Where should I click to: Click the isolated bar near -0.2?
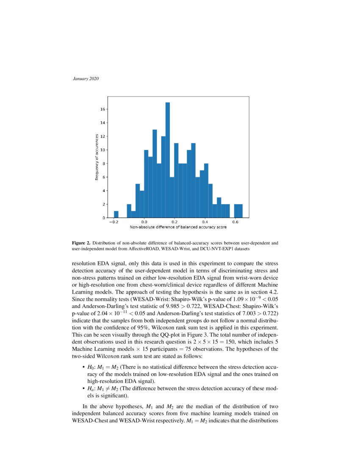click(116, 214)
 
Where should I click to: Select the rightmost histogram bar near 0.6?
click(238, 211)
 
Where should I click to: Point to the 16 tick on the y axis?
click(102, 109)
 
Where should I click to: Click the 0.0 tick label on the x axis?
click(144, 222)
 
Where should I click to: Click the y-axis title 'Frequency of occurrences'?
click(97, 157)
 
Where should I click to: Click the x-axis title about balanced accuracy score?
click(178, 227)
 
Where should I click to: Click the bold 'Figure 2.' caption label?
click(81, 243)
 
